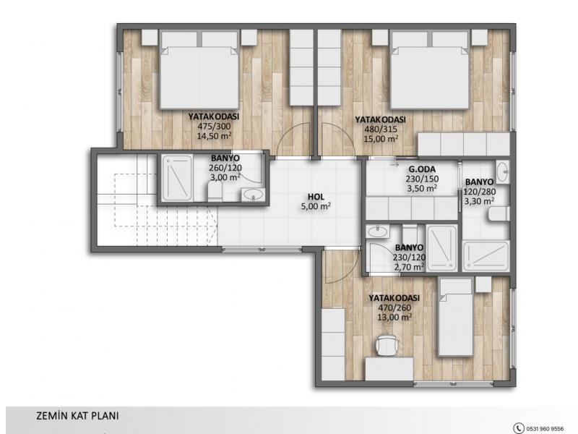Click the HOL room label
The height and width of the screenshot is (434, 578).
(316, 197)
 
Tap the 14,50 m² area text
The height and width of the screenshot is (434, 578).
(214, 136)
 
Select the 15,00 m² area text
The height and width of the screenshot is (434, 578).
(381, 139)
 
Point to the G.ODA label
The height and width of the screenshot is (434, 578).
(422, 169)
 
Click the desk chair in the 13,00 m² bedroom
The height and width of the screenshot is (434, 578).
(387, 346)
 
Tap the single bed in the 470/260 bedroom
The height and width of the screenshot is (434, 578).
(456, 318)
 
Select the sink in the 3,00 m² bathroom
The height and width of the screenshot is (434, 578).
(253, 195)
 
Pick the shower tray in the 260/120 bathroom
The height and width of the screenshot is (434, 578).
(177, 178)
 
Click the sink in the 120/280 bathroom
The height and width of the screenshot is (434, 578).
(503, 171)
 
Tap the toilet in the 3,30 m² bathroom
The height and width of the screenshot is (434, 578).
(499, 214)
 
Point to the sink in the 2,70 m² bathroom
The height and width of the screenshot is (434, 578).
(377, 231)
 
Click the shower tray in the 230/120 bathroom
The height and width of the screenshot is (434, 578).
(441, 248)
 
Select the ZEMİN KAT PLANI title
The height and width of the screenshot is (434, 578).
(77, 416)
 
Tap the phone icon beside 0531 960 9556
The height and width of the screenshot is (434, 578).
(519, 428)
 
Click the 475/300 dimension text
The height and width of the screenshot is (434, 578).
(214, 126)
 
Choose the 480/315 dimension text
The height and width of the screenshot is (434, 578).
(381, 129)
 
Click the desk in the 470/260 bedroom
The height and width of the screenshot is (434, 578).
(389, 369)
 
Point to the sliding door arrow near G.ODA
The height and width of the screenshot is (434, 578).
(394, 165)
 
